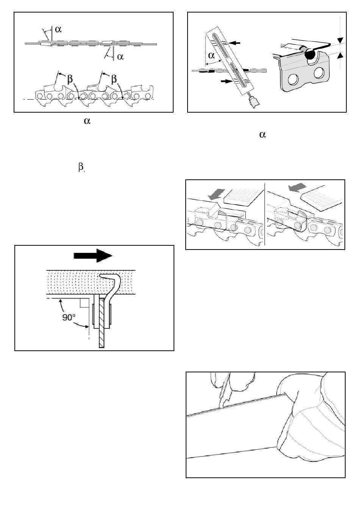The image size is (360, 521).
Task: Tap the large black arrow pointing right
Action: (x=93, y=256)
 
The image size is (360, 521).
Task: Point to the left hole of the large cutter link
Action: (x=293, y=80)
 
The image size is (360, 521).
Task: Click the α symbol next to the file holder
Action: (x=211, y=55)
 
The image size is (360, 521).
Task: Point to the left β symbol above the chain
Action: (x=70, y=79)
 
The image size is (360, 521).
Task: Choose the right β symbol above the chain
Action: (x=114, y=79)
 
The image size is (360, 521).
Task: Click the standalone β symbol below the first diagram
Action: (x=80, y=167)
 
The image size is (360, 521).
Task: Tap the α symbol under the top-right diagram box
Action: (x=262, y=135)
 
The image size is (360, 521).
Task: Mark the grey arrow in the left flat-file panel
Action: (x=216, y=195)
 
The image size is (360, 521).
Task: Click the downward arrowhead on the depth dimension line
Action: (x=340, y=40)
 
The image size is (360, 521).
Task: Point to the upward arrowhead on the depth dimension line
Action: (x=340, y=55)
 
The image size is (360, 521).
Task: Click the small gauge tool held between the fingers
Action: (x=224, y=394)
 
